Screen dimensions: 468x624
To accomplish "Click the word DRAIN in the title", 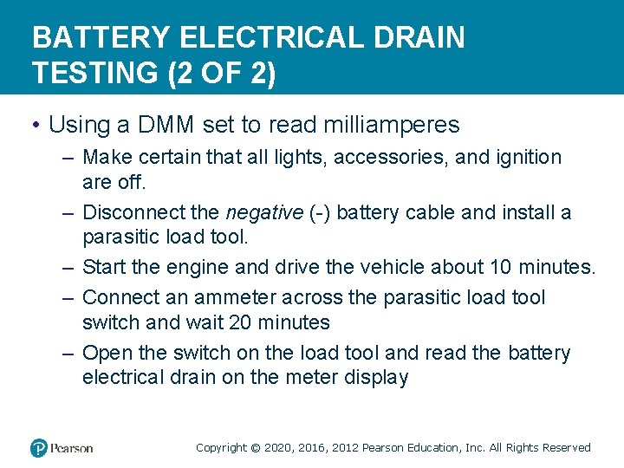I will click(x=423, y=37).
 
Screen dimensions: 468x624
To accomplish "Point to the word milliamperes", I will click(x=391, y=125).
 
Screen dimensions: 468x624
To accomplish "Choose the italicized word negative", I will click(x=263, y=212).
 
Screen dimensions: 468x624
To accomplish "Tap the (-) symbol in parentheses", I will click(x=317, y=212).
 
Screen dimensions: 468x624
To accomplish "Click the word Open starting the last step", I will click(x=107, y=353).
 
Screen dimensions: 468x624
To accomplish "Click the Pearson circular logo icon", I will click(x=39, y=448).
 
